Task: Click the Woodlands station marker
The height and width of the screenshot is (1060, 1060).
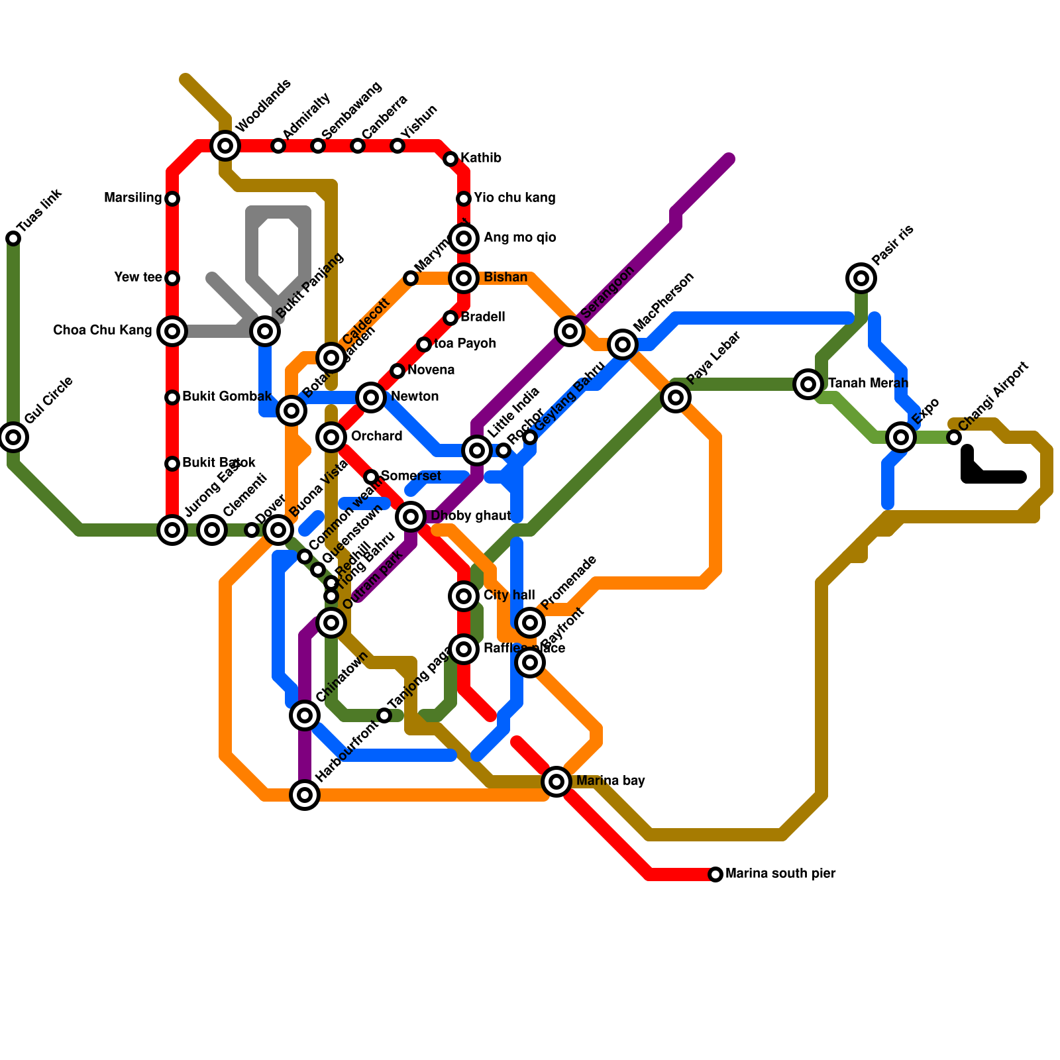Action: [x=225, y=146]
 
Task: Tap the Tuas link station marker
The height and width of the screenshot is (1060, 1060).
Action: [x=13, y=238]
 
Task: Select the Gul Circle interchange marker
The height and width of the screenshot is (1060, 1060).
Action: [x=13, y=437]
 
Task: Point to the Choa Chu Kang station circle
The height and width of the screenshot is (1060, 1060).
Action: [x=172, y=331]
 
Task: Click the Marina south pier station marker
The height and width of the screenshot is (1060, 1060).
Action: [x=715, y=874]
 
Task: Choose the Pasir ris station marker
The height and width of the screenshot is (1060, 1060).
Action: [x=861, y=278]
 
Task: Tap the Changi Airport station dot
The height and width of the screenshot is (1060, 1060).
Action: [x=954, y=437]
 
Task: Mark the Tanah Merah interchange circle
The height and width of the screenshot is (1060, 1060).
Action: [x=808, y=384]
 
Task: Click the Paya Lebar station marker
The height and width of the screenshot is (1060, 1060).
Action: [x=676, y=397]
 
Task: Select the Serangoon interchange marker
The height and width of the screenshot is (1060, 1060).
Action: [x=570, y=331]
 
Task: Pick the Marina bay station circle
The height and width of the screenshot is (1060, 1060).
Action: [x=556, y=782]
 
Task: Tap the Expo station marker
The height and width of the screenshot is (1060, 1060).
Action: [x=901, y=437]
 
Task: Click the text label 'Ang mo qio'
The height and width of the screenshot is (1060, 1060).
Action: [x=519, y=238]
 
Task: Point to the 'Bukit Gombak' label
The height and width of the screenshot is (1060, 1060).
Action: [x=227, y=397]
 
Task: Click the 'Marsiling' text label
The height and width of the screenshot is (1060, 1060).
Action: [x=133, y=198]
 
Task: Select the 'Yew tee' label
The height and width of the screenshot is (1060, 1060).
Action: [x=138, y=278]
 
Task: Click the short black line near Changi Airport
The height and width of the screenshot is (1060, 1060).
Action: [x=994, y=476]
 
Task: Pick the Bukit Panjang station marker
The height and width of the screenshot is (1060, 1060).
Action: [x=265, y=331]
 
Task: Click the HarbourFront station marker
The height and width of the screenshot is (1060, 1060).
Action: [x=305, y=795]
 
